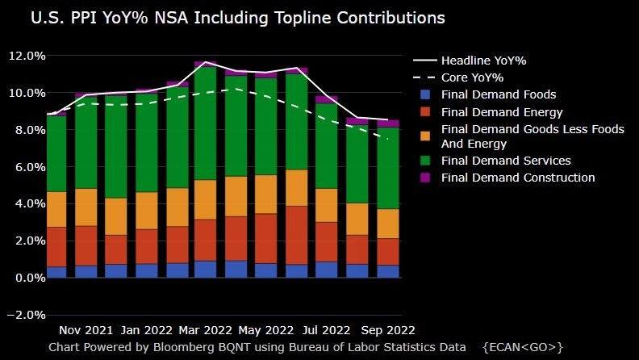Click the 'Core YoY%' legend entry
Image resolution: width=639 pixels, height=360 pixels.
coord(472,77)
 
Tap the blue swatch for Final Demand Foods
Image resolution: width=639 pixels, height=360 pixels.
coord(425,94)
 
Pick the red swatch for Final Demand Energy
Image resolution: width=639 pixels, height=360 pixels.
coord(425,112)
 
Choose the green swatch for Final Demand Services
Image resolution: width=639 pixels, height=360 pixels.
coord(425,161)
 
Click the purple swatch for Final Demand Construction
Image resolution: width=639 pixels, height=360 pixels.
coord(425,178)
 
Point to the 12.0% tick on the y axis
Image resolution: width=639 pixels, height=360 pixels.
coord(26,56)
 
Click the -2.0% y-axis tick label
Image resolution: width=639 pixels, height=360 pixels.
coord(26,315)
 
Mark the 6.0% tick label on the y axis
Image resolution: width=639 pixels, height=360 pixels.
coord(26,167)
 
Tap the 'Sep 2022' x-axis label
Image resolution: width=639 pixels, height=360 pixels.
coord(388,330)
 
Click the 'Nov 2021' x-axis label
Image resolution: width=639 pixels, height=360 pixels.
coord(86,330)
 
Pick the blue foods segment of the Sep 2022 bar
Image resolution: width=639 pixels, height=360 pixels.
coord(388,271)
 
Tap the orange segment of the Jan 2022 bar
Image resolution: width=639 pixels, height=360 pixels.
coord(146,210)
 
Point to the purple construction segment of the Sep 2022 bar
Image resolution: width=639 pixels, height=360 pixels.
coord(388,123)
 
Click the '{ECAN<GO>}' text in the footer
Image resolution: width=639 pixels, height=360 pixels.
coord(522,346)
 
